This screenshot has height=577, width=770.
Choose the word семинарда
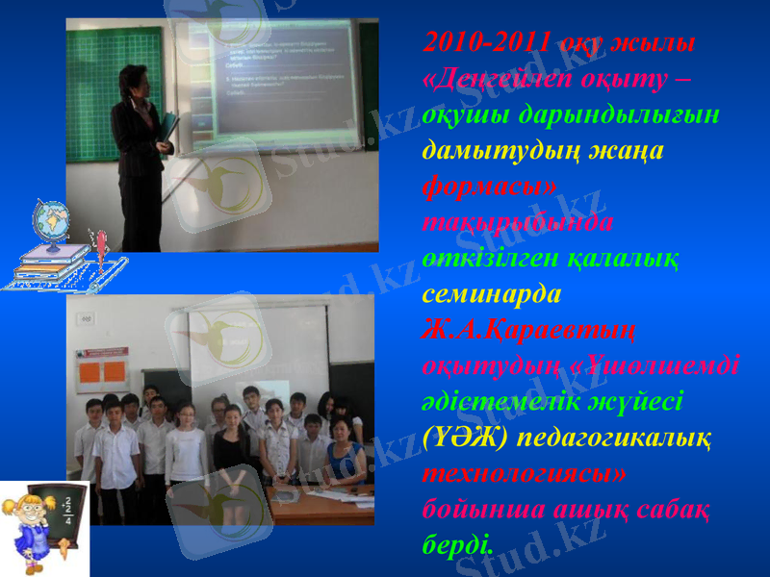[x=491, y=291]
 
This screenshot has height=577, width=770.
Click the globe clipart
[x=50, y=224]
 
